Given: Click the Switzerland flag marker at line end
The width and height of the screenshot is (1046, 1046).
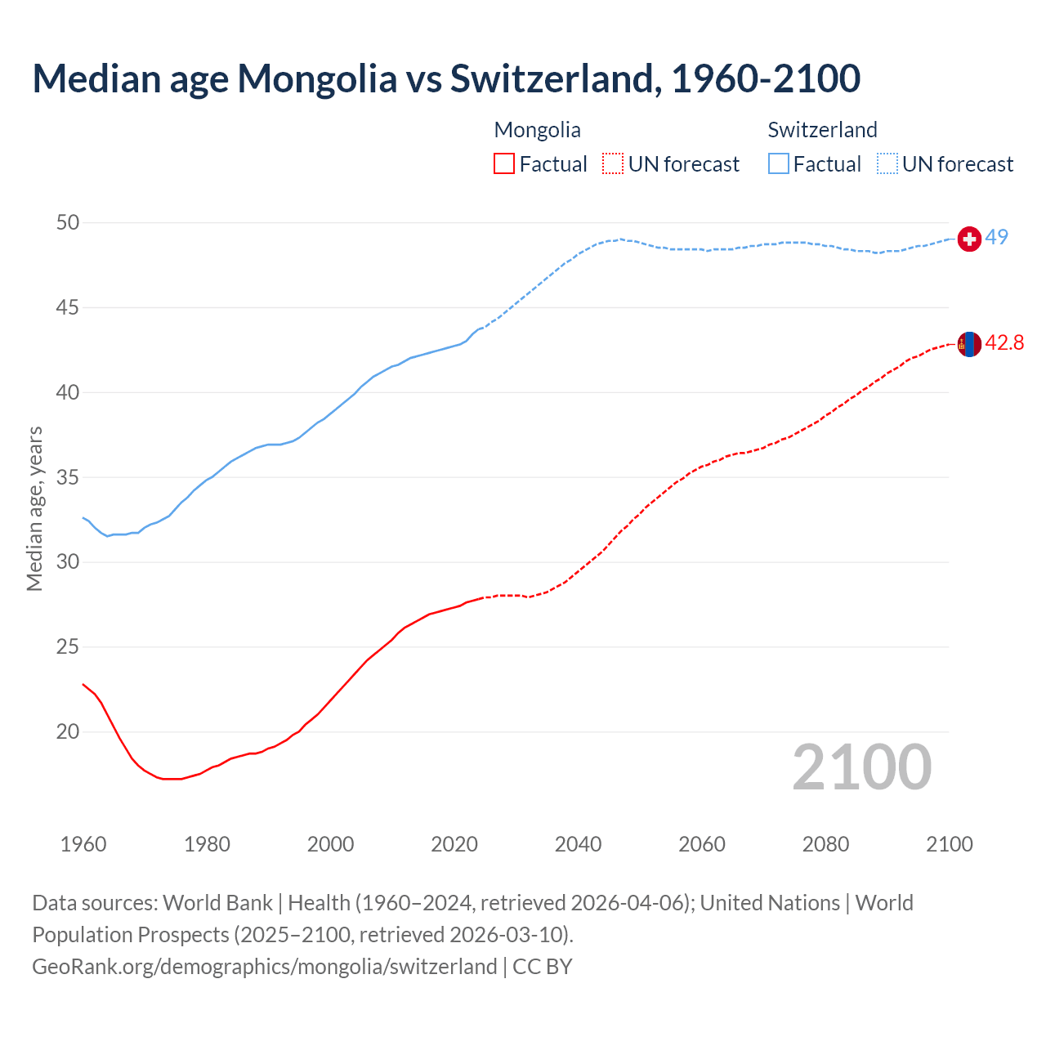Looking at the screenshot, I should (x=969, y=239).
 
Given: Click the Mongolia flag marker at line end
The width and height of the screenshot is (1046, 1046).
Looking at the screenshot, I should (x=969, y=344).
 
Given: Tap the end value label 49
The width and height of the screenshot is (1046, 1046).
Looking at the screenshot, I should (x=996, y=237).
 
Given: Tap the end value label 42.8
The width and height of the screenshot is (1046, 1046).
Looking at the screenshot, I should (x=1004, y=343).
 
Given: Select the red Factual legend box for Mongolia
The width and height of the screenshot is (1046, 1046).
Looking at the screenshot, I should (x=504, y=164).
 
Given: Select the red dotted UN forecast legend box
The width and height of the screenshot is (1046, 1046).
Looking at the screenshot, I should (x=613, y=164).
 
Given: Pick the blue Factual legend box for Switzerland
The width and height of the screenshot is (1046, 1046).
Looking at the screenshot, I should (x=779, y=164).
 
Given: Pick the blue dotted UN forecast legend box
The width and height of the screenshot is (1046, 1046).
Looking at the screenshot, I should (x=887, y=164).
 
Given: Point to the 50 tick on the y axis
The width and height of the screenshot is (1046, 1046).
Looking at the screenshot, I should (x=68, y=223).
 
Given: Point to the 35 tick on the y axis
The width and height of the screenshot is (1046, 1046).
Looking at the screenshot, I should (x=68, y=477).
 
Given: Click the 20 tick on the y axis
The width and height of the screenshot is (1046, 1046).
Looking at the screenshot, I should (x=68, y=731).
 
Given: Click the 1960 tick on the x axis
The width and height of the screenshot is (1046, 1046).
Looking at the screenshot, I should (x=83, y=844).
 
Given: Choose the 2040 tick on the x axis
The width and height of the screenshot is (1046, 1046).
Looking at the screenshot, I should (x=578, y=844).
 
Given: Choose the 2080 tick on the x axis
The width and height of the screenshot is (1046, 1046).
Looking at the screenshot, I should (x=825, y=844).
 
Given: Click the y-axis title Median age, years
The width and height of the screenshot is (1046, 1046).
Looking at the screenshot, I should (x=34, y=508).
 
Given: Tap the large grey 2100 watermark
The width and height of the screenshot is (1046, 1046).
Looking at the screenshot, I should (x=861, y=767).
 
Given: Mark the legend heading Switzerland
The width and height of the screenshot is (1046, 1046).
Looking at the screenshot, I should (x=822, y=130).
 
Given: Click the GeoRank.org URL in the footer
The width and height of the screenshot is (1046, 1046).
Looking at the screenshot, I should (x=264, y=967).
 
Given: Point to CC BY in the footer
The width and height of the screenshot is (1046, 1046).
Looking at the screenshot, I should (x=543, y=967).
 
